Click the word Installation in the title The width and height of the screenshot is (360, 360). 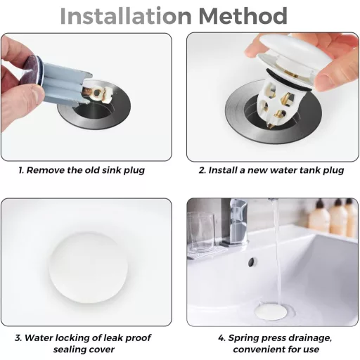click(126, 16)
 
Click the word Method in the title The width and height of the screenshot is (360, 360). click(243, 16)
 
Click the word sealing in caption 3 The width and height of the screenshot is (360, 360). click(68, 349)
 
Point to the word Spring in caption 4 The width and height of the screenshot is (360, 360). click(243, 338)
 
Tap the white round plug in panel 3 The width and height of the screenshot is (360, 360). click(89, 268)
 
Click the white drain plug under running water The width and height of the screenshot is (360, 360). click(271, 311)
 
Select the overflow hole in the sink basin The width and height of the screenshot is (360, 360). click(252, 262)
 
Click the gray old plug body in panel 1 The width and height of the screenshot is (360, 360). click(64, 82)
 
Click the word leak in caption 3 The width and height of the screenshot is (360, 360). click(113, 337)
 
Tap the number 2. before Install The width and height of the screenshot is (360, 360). click(202, 170)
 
